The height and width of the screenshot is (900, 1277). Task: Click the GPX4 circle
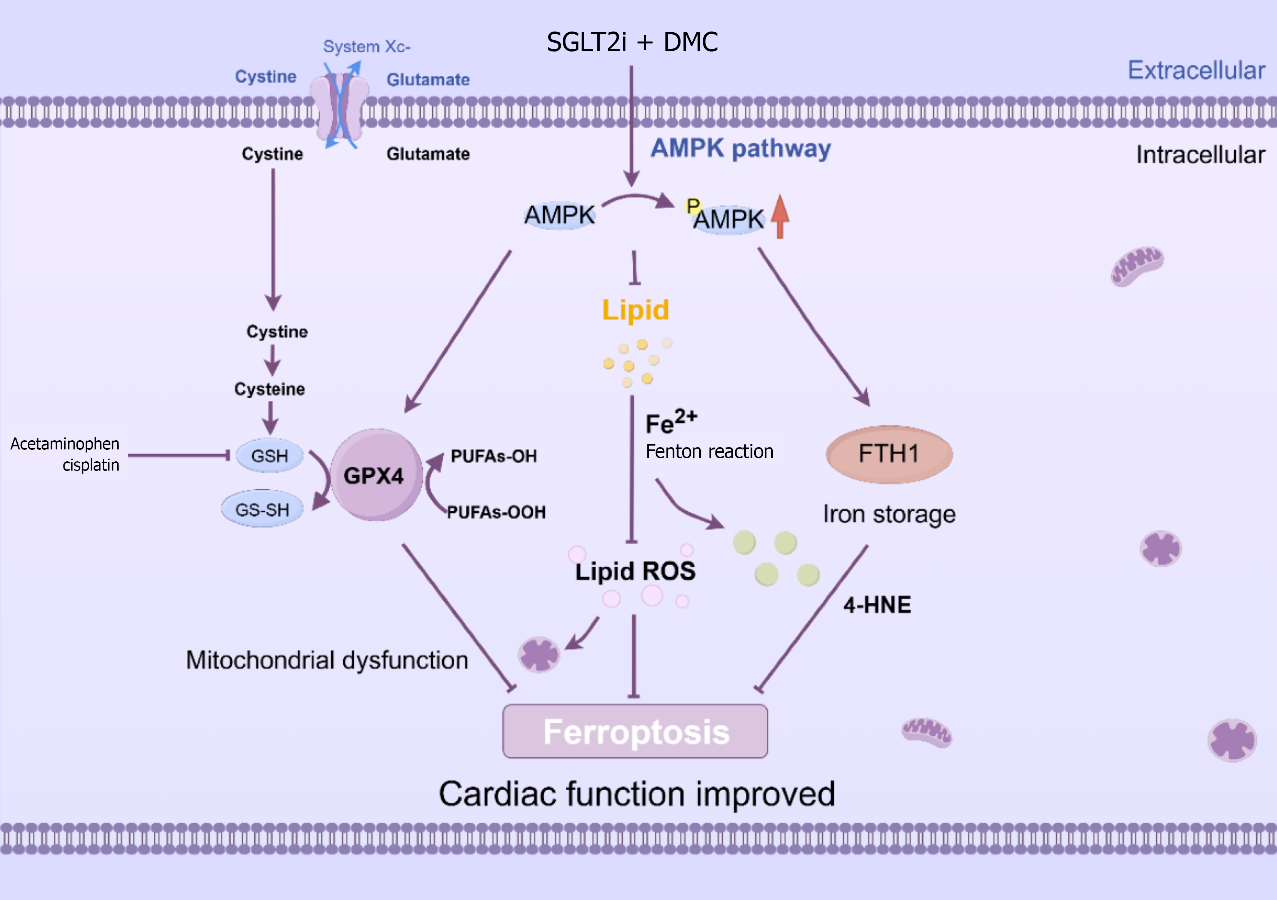click(375, 475)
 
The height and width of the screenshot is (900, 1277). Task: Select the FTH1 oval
click(889, 454)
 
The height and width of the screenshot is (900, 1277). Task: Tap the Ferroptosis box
click(635, 731)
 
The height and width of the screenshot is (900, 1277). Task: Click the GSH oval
click(270, 456)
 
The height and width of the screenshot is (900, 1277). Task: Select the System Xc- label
click(367, 47)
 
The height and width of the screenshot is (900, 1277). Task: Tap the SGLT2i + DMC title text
click(632, 42)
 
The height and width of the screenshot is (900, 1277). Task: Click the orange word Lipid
click(635, 309)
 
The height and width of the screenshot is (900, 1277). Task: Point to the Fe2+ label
click(670, 423)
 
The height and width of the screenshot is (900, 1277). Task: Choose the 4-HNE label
click(877, 605)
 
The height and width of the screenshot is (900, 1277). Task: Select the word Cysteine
click(269, 389)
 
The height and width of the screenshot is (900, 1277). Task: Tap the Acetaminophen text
click(65, 444)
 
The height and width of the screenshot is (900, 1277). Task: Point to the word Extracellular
click(1196, 71)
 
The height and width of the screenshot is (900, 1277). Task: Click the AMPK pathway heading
click(740, 148)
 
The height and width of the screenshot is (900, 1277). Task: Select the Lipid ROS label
click(635, 571)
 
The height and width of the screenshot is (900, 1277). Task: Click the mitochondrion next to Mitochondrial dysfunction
click(538, 654)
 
